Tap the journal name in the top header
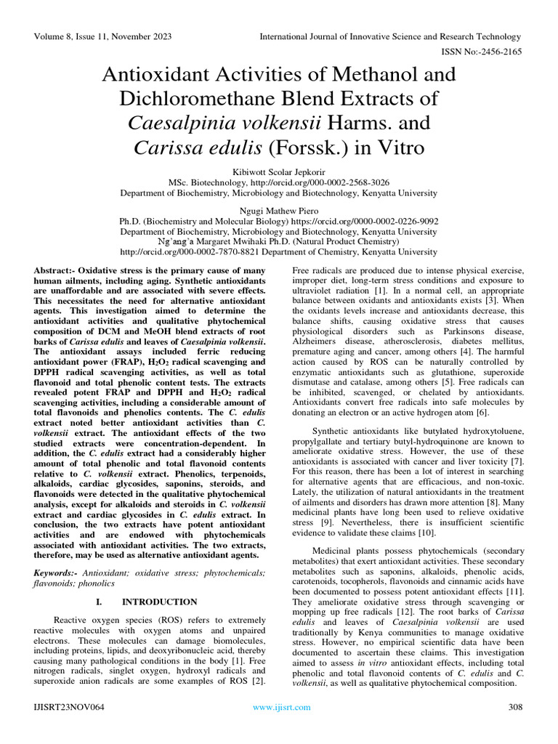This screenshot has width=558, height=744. [391, 37]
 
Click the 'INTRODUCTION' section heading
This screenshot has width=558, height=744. [159, 602]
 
